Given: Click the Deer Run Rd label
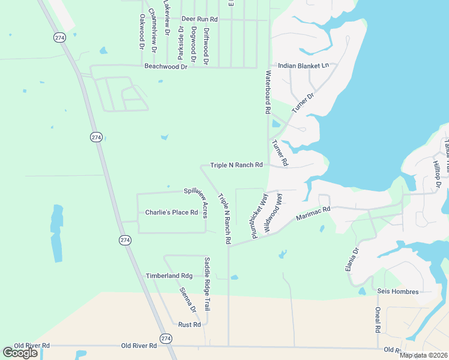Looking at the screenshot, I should (x=199, y=20).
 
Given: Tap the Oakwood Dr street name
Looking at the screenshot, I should (x=142, y=32).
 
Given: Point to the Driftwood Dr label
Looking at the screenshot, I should (x=206, y=46).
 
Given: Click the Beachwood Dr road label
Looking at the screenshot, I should (x=166, y=67).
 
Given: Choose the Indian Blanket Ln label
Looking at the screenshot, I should (x=303, y=65).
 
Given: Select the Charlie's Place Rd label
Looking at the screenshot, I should (x=172, y=212).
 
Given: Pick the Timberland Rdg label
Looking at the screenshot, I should (x=169, y=275).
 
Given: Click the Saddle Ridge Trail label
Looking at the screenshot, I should (x=207, y=284).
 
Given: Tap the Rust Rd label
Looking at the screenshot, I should (x=189, y=325).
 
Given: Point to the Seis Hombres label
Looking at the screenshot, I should (x=397, y=292).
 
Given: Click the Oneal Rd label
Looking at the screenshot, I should (x=378, y=320).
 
